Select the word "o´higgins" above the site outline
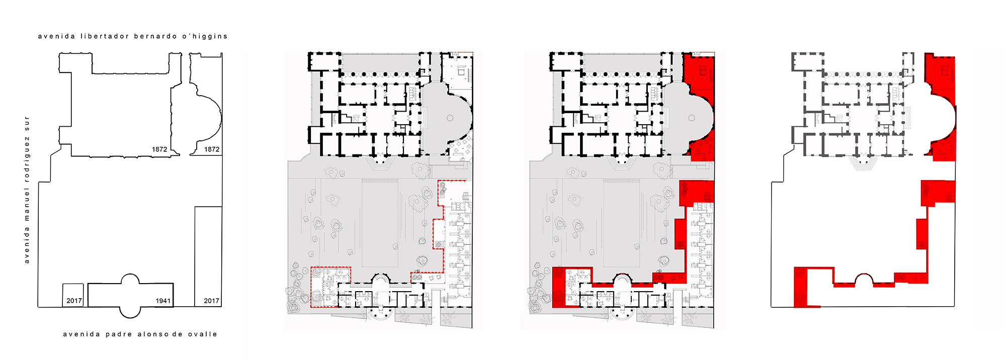(x=205, y=36)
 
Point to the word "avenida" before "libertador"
(x=56, y=36)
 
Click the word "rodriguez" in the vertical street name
(x=27, y=160)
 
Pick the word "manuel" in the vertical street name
(x=27, y=205)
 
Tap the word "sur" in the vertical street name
(x=27, y=123)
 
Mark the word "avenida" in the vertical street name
(x=27, y=245)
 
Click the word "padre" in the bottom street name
(x=118, y=334)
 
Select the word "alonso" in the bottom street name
(x=153, y=334)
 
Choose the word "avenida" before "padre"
(x=81, y=334)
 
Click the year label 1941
(x=163, y=301)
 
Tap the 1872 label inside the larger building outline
(x=159, y=149)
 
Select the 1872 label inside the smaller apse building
(x=212, y=149)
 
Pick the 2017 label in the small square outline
(x=74, y=301)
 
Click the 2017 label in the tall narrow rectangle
(x=211, y=301)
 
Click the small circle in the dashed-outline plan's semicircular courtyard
(x=450, y=118)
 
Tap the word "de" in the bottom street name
(x=177, y=334)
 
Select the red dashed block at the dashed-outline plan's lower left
(x=324, y=287)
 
